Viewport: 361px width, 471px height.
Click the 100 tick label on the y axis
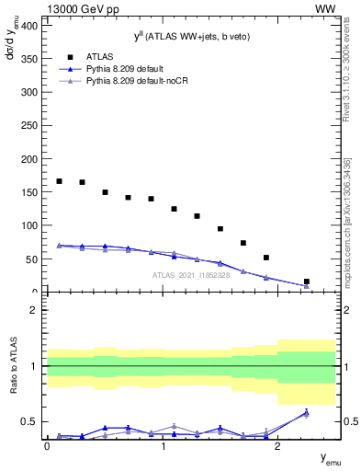30,225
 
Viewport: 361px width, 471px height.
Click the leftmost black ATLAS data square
59,181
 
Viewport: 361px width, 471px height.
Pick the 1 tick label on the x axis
163,447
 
